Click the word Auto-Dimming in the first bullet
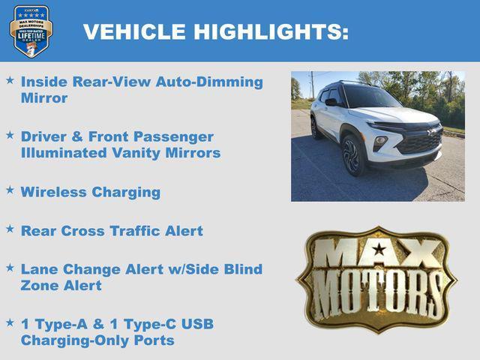[209, 82]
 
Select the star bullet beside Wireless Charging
[10, 190]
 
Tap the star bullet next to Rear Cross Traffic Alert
[10, 229]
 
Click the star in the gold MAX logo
[379, 249]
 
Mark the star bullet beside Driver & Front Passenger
[10, 135]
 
